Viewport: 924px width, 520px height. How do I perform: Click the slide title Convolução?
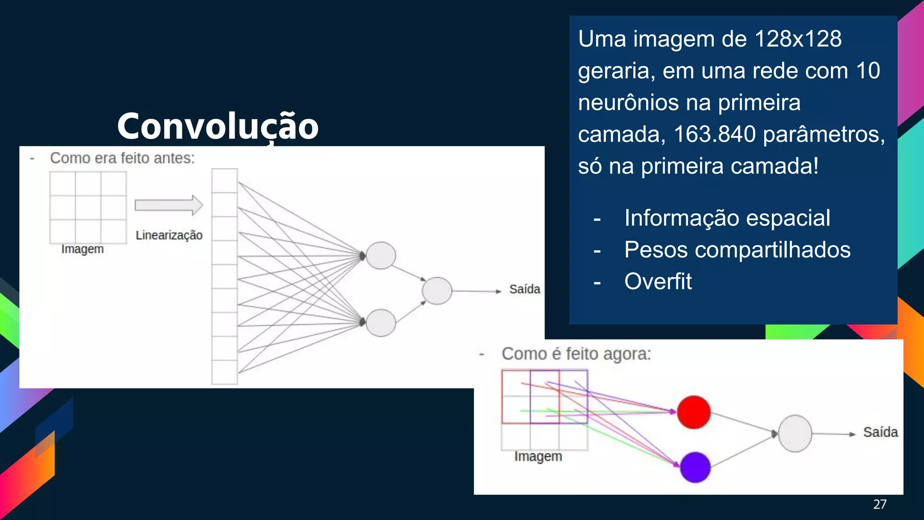(x=218, y=126)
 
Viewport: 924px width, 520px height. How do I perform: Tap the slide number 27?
(x=880, y=504)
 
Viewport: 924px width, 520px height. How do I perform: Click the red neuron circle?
(x=694, y=412)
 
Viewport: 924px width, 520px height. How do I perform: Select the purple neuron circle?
(x=695, y=467)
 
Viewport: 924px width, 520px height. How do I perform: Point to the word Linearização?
(x=169, y=235)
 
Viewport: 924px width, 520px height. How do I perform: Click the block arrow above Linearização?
(x=169, y=205)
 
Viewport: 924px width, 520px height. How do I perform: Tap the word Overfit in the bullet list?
(x=658, y=282)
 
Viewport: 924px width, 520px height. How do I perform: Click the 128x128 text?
(x=798, y=39)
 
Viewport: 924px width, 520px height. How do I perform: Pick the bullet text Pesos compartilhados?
(x=737, y=250)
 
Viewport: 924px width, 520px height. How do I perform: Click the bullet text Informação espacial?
(x=727, y=218)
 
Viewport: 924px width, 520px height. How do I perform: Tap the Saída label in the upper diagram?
(x=525, y=289)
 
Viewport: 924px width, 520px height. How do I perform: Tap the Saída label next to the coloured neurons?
(x=880, y=432)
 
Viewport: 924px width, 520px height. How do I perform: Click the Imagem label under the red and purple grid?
(x=538, y=456)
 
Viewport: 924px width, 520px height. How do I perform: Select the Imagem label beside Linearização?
(x=83, y=249)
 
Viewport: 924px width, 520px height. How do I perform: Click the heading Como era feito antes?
(x=122, y=158)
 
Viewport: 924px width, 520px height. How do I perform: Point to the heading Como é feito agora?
(x=576, y=354)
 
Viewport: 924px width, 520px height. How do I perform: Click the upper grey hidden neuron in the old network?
(x=381, y=255)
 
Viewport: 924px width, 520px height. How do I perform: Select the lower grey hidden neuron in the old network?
(x=381, y=323)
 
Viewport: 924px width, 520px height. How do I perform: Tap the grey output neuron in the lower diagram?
(x=795, y=434)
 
